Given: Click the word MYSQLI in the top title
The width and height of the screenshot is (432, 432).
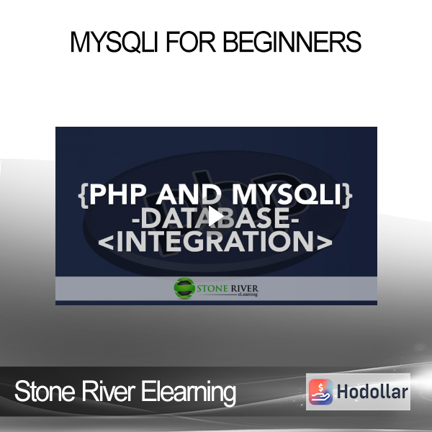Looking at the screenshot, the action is pyautogui.click(x=114, y=42).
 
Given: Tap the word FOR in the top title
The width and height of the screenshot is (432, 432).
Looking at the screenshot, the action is pyautogui.click(x=191, y=42).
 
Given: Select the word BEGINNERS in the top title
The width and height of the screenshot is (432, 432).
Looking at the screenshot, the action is pyautogui.click(x=292, y=42).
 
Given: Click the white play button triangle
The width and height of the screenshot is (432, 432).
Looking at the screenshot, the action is pyautogui.click(x=216, y=216).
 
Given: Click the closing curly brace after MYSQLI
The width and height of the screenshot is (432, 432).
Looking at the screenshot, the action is pyautogui.click(x=348, y=195).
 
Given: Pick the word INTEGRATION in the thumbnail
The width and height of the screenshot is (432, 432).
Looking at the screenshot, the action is pyautogui.click(x=215, y=241).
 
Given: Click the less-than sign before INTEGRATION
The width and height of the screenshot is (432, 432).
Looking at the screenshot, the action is pyautogui.click(x=106, y=243).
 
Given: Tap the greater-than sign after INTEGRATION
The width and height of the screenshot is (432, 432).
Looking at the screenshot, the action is pyautogui.click(x=325, y=243).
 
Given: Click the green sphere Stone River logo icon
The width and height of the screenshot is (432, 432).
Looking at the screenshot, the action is pyautogui.click(x=184, y=288).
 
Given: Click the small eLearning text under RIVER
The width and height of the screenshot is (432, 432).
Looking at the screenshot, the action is pyautogui.click(x=248, y=294).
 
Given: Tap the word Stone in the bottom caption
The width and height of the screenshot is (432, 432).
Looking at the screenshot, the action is pyautogui.click(x=45, y=391).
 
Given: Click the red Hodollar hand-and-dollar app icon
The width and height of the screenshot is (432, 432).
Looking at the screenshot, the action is pyautogui.click(x=320, y=392).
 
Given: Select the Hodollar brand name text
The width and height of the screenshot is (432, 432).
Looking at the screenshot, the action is pyautogui.click(x=372, y=392).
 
